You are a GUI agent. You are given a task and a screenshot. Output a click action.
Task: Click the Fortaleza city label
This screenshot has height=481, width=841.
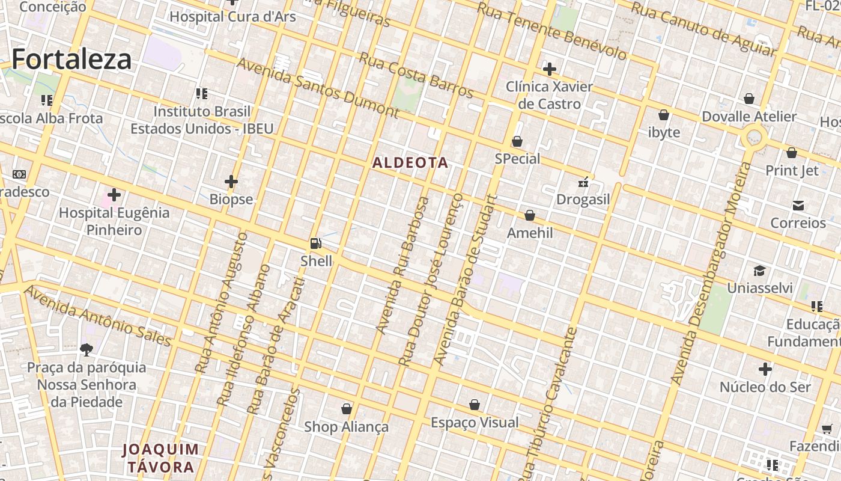click(71, 60)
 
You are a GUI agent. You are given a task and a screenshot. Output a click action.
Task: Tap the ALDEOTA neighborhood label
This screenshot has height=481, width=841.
click(410, 163)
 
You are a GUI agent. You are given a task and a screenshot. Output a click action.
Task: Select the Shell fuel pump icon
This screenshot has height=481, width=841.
click(315, 244)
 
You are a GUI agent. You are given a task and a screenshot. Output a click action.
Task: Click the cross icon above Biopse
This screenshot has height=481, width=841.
click(231, 181)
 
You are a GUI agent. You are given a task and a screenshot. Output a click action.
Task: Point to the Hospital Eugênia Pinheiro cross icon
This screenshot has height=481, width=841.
click(114, 195)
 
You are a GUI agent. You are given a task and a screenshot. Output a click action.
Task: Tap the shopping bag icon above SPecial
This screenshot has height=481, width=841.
click(517, 141)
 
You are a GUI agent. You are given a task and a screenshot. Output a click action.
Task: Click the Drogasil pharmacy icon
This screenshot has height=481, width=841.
click(583, 182)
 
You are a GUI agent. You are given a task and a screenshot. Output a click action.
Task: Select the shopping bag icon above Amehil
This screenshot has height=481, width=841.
click(530, 215)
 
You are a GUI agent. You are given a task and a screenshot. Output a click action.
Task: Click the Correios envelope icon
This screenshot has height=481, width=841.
click(798, 206)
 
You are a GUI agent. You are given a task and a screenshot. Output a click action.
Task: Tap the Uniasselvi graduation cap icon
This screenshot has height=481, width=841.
click(759, 271)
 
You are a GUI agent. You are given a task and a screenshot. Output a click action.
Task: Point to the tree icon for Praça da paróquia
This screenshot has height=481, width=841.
click(87, 349)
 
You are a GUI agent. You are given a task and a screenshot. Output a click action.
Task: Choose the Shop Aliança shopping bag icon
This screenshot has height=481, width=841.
click(347, 409)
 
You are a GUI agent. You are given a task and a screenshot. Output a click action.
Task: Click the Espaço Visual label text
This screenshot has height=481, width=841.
click(475, 423)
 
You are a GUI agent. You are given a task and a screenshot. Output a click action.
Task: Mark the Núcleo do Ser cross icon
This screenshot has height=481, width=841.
click(765, 369)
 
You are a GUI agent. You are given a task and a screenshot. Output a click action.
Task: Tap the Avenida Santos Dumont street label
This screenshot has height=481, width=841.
click(317, 88)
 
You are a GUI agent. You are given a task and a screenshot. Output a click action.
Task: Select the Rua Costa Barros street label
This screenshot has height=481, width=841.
click(416, 75)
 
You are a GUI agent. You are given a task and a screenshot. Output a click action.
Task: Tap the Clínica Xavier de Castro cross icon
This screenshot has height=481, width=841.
click(549, 69)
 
